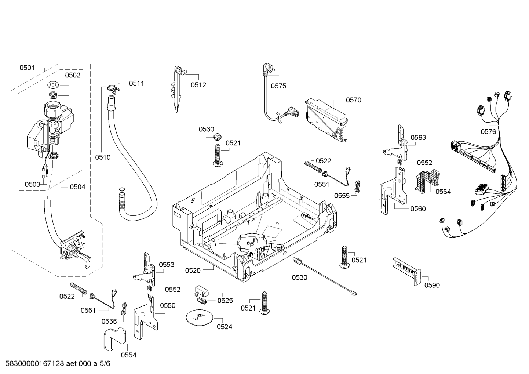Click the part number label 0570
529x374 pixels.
[354, 100]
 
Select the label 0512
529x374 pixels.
[198, 85]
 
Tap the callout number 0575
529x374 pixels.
[278, 86]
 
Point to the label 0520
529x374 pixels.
[193, 270]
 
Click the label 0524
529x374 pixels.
[225, 327]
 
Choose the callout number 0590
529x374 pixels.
[432, 285]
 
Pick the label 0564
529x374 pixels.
[443, 191]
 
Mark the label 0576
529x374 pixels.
[488, 132]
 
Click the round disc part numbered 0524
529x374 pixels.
[199, 316]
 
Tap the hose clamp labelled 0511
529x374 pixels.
[113, 88]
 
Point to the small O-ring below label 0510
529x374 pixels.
[121, 189]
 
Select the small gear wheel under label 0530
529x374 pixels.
[216, 137]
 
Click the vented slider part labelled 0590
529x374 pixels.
[407, 272]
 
